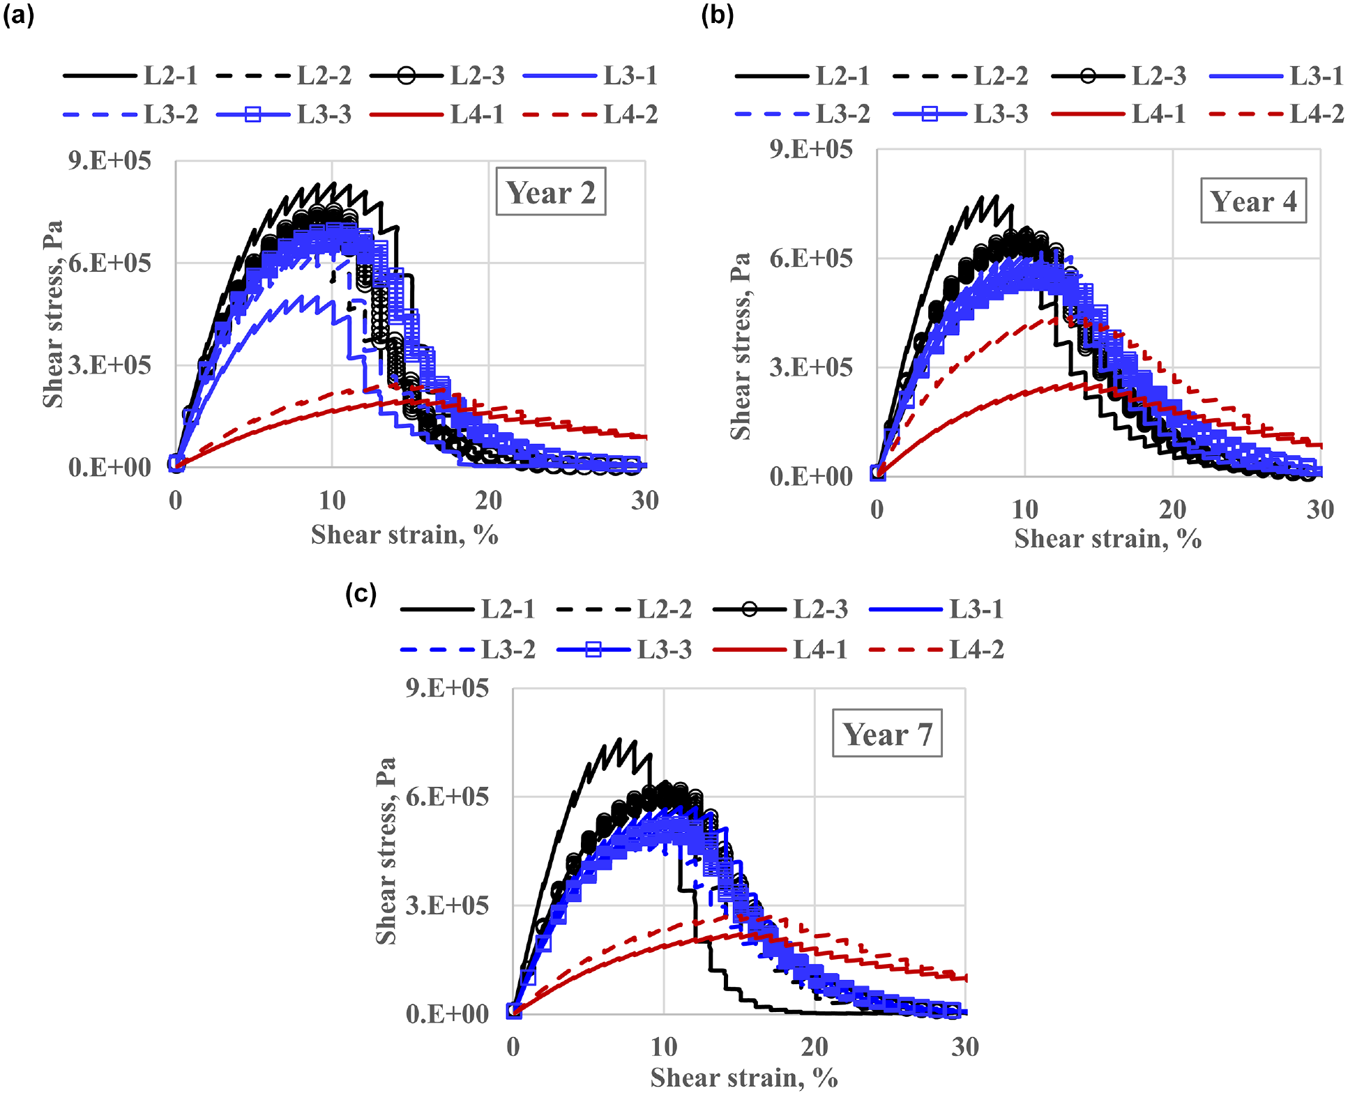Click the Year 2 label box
coord(551,192)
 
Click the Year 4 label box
coord(1253,201)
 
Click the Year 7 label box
coord(887,733)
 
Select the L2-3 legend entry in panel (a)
coord(437,75)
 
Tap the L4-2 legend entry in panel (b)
coord(1277,114)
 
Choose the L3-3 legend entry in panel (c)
coord(624,650)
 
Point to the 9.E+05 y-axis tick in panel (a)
coord(109,160)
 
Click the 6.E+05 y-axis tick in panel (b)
coord(810,258)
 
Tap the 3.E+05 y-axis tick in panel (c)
coord(447,905)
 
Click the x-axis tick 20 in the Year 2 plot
coord(488,500)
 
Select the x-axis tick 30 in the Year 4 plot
coord(1320,510)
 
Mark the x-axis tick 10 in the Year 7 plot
coord(664,1046)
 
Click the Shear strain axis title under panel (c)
coord(744,1078)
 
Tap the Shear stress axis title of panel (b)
coord(740,346)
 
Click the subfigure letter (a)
coord(18,15)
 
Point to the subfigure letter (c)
coord(361,593)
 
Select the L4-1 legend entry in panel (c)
coord(780,650)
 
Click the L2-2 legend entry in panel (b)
coord(960,75)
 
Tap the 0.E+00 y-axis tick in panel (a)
coord(109,467)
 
